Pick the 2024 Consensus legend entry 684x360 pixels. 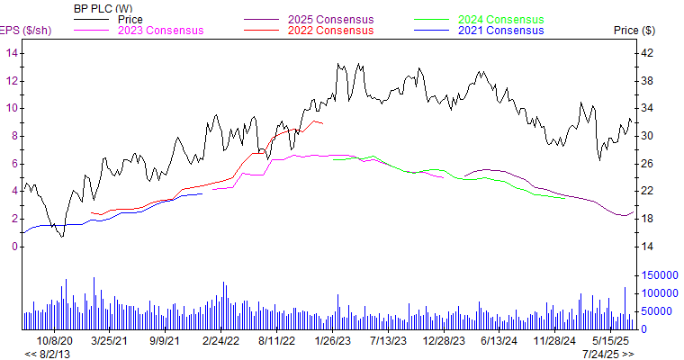[501, 19]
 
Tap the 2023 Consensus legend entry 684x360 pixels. [160, 31]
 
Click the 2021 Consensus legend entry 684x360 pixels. [501, 31]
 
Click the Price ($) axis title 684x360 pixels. [635, 31]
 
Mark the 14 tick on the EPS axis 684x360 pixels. [13, 53]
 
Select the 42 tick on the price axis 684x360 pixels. [646, 53]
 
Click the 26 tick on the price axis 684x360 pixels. [646, 164]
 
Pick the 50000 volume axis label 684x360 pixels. [656, 311]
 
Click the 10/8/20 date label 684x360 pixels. [55, 341]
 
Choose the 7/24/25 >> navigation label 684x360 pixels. [607, 354]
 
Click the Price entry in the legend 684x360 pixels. [130, 19]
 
